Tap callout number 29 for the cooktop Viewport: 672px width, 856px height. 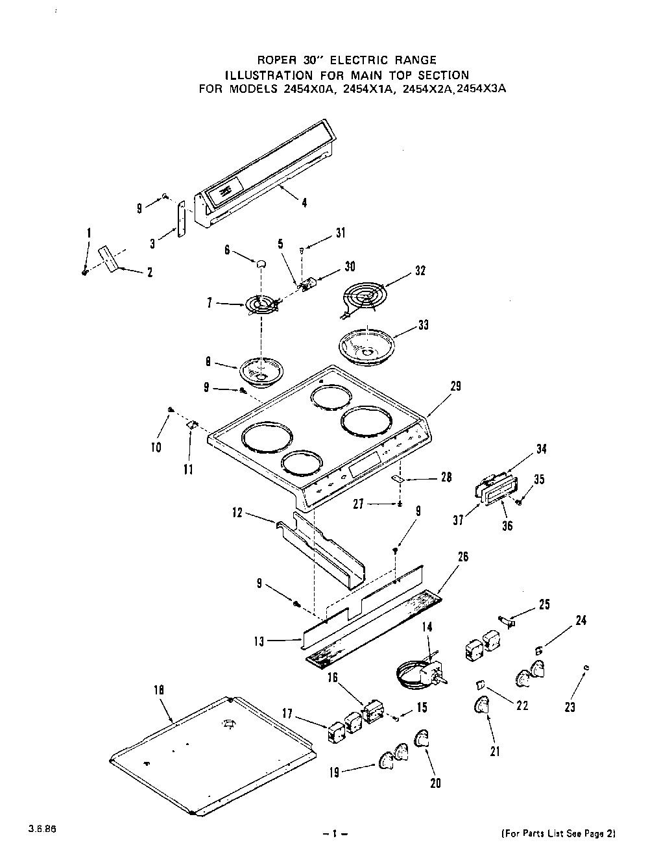tap(455, 387)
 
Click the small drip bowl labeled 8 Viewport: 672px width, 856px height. tap(258, 371)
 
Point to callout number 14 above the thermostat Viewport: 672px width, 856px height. tap(426, 628)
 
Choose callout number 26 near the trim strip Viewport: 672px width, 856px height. tap(462, 557)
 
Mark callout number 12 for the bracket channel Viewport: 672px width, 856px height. tap(237, 513)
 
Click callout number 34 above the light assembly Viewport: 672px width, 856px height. tap(542, 448)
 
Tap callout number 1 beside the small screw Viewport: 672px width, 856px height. tap(89, 234)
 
